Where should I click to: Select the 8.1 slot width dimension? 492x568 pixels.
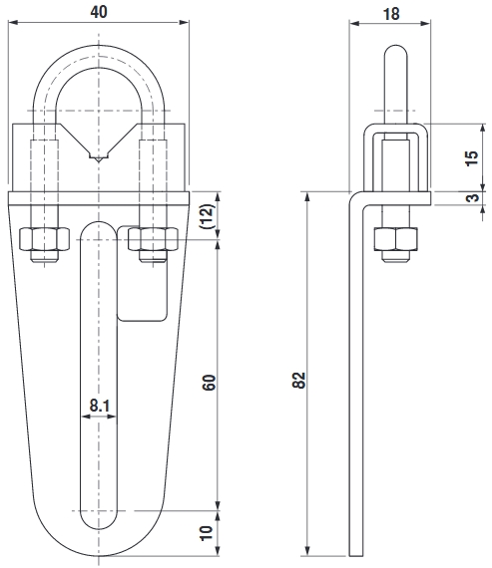(98, 406)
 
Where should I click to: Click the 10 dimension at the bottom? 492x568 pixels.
(208, 534)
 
